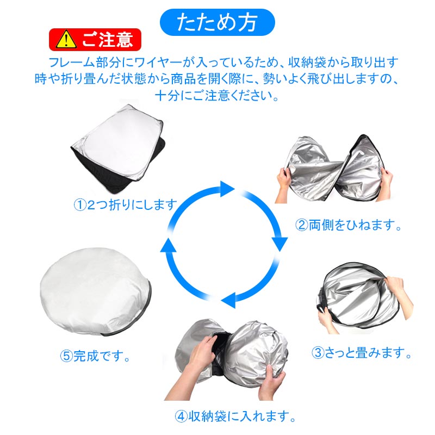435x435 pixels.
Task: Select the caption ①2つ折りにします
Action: pos(125,206)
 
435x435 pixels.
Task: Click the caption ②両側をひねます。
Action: pos(349,225)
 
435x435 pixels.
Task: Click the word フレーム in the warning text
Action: pos(67,61)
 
